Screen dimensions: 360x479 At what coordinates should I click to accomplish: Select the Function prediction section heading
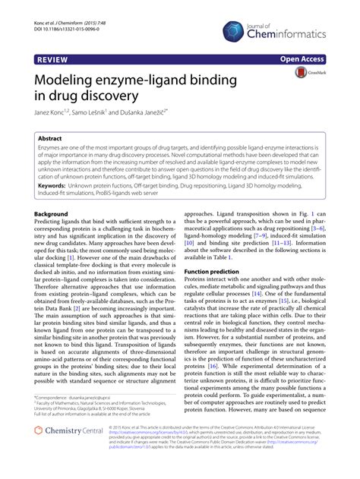[219, 270]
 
